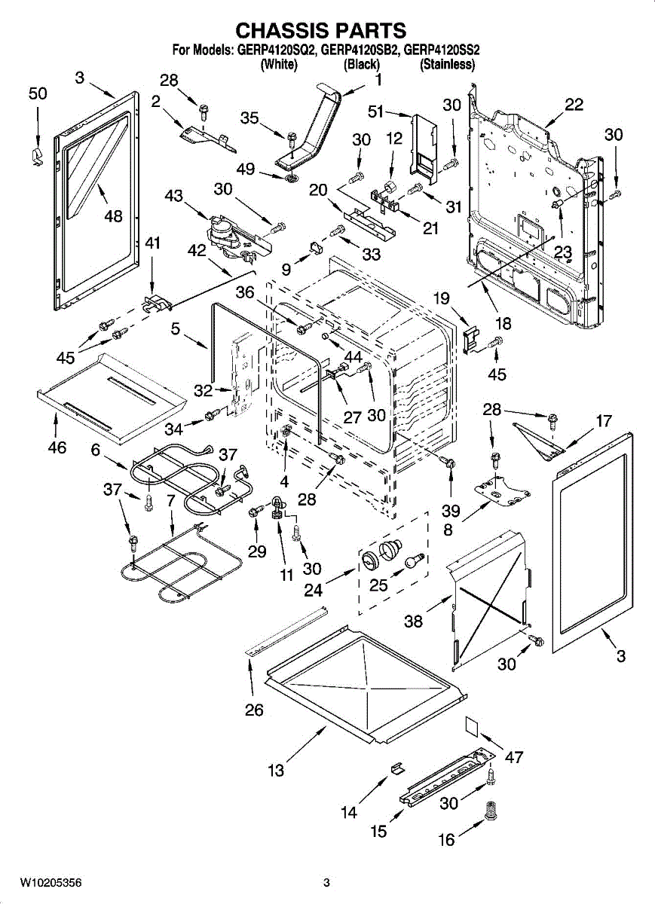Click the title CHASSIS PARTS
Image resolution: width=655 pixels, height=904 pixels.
321,30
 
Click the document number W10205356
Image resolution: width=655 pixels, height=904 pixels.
51,882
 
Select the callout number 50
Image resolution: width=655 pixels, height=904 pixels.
38,93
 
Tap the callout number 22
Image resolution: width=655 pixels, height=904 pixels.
574,105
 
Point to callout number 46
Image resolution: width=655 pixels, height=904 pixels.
57,448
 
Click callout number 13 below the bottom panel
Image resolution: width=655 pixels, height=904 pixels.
277,770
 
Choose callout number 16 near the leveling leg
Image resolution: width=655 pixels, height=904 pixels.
447,839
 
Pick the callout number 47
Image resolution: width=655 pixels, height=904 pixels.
515,756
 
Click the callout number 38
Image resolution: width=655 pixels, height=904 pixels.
414,621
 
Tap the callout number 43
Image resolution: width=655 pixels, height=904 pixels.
173,196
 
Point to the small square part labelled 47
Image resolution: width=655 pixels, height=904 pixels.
472,725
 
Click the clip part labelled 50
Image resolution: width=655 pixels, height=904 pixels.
34,154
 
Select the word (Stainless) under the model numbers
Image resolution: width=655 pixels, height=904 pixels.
447,65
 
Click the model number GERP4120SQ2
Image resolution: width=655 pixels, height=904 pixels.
277,51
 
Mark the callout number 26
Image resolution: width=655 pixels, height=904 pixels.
254,710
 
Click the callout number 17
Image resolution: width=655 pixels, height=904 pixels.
604,421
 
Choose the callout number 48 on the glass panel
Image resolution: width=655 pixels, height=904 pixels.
113,216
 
